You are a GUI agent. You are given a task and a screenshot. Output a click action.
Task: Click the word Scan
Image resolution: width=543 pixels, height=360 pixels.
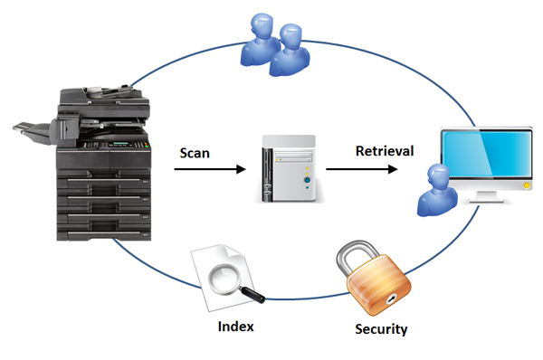(195, 153)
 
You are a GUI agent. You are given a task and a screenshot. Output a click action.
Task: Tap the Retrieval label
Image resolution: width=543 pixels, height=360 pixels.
(385, 151)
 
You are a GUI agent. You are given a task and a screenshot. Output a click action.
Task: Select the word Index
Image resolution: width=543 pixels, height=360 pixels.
(236, 327)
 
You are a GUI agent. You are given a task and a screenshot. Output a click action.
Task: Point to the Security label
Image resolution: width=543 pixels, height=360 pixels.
(381, 329)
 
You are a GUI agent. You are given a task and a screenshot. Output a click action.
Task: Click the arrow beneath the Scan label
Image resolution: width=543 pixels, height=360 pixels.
(210, 169)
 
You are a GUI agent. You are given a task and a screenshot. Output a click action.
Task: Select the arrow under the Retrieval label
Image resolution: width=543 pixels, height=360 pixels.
(361, 169)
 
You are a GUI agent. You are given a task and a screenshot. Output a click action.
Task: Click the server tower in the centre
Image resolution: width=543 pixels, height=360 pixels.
(289, 168)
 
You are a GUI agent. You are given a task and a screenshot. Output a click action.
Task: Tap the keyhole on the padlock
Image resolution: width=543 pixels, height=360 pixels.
(392, 298)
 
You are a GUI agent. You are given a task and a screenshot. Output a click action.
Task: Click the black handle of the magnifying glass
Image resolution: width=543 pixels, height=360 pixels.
(252, 295)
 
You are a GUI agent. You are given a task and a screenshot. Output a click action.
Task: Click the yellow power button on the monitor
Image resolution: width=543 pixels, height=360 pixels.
(527, 185)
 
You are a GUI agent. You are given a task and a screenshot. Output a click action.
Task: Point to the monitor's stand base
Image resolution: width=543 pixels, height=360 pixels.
(486, 200)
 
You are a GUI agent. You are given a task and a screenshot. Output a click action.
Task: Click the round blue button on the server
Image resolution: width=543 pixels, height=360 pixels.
(307, 180)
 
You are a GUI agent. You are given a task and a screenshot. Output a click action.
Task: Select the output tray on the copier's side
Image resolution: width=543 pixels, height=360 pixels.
(33, 132)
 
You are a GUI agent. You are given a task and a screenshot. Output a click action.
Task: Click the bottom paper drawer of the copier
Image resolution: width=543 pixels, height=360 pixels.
(104, 235)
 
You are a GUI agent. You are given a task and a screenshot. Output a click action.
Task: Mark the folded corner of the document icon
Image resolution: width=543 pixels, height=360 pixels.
(236, 252)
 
